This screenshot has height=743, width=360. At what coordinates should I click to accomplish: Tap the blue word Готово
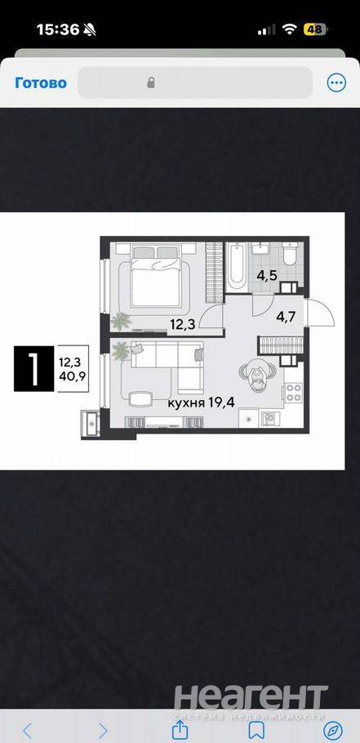(x=41, y=83)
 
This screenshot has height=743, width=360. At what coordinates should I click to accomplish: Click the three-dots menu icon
(x=337, y=83)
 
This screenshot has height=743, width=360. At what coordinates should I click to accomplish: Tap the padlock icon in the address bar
(x=151, y=83)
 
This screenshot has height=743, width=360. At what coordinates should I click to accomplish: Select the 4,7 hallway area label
(x=286, y=317)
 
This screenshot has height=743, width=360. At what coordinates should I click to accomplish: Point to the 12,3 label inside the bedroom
(x=182, y=324)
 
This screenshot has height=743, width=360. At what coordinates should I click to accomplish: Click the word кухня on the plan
(x=185, y=403)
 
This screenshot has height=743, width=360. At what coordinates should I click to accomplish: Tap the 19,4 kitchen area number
(x=222, y=403)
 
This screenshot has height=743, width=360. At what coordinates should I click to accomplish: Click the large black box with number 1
(x=34, y=368)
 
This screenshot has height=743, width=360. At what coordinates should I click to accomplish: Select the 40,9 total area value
(x=69, y=378)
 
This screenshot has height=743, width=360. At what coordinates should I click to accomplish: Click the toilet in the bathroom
(x=289, y=253)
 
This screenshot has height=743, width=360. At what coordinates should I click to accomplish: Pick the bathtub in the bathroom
(x=235, y=267)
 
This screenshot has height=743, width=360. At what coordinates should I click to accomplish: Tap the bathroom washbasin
(x=260, y=249)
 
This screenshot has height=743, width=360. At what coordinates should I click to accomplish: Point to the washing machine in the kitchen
(x=270, y=418)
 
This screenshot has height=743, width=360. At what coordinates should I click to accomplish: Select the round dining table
(x=257, y=373)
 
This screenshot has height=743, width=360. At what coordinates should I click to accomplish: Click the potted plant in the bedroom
(x=121, y=321)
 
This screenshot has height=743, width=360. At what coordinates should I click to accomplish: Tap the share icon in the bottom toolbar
(x=179, y=729)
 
